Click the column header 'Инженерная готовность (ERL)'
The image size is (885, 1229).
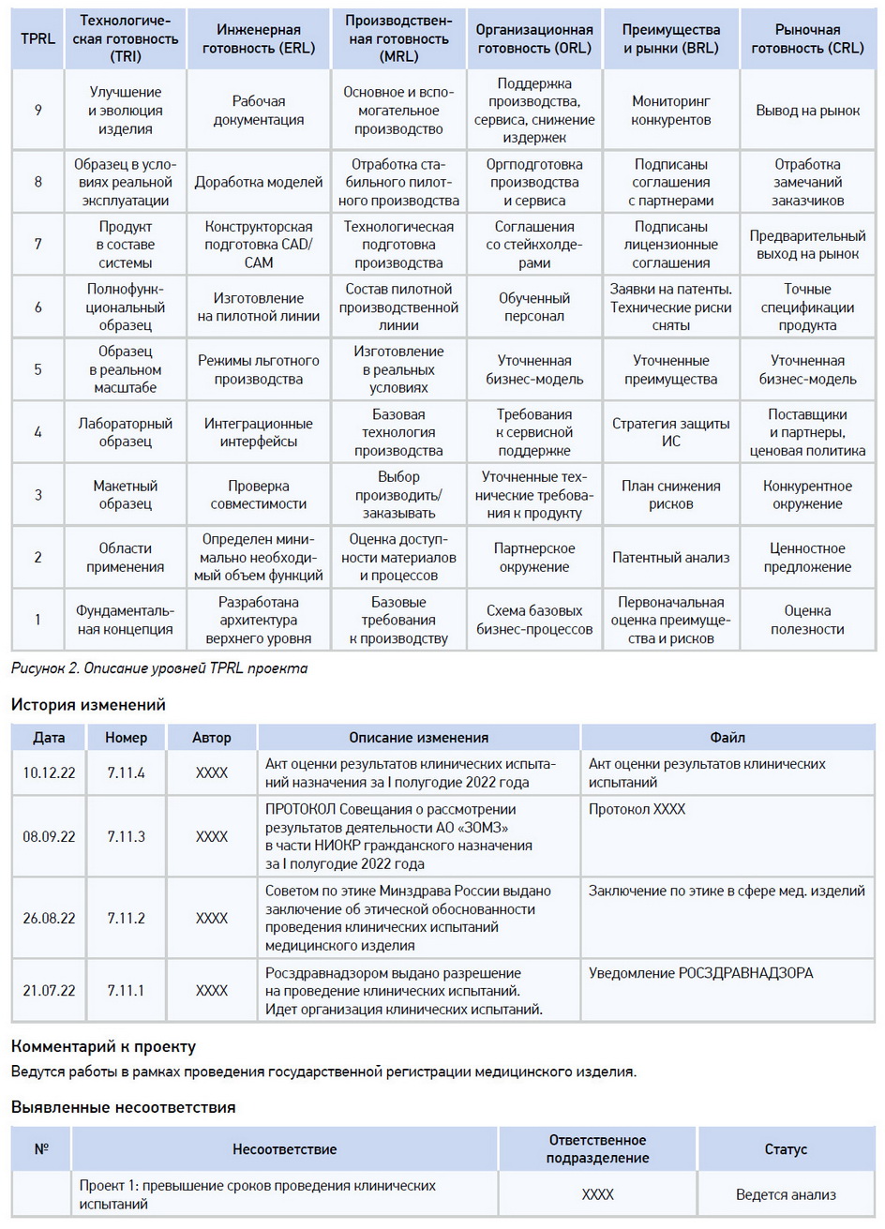(x=259, y=38)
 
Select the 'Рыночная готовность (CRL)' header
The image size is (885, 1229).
(x=807, y=38)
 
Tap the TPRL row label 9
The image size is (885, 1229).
(x=38, y=111)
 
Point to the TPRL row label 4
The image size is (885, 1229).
(x=38, y=432)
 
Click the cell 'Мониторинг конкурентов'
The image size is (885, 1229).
(x=670, y=111)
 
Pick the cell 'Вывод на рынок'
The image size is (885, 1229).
(x=807, y=111)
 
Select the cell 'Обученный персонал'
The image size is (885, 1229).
(x=534, y=307)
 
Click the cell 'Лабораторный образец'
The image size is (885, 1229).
(x=125, y=432)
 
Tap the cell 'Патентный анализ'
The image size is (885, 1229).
(x=670, y=558)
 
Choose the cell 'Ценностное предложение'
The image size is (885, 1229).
(x=807, y=558)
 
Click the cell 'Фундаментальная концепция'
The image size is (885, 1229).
(x=125, y=621)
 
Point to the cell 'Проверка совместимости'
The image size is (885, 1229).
(x=259, y=495)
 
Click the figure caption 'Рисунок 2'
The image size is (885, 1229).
(x=158, y=668)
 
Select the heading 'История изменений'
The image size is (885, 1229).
(x=88, y=705)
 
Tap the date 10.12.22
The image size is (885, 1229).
(x=49, y=773)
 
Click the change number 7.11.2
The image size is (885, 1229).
(x=126, y=918)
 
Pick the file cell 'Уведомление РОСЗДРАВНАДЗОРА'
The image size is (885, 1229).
(x=700, y=973)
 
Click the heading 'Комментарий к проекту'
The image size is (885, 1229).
(x=103, y=1046)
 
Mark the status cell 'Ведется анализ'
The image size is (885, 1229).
(x=786, y=1194)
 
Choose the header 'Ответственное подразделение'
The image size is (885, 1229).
(x=597, y=1148)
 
